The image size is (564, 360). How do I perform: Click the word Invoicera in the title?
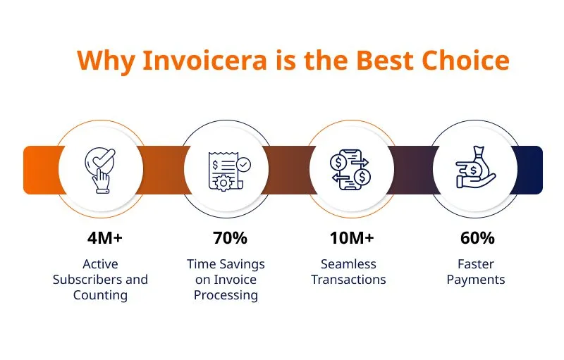click(x=205, y=60)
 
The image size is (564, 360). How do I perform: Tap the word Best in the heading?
click(x=384, y=60)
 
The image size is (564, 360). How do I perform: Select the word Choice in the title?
click(x=466, y=60)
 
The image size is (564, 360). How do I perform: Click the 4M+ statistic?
click(x=104, y=238)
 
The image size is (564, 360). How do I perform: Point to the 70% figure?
click(x=230, y=238)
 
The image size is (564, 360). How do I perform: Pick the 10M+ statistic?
click(x=352, y=238)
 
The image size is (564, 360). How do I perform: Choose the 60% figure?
click(x=477, y=238)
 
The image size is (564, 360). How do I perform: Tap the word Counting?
click(x=100, y=295)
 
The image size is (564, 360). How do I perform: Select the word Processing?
click(x=226, y=295)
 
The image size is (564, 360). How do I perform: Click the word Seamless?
click(x=348, y=264)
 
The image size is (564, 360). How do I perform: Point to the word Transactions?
click(x=348, y=280)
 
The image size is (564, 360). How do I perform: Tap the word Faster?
click(x=476, y=264)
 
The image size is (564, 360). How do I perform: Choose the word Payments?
click(x=476, y=280)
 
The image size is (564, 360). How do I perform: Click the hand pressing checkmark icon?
click(x=100, y=170)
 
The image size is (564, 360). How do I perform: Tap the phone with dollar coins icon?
click(x=350, y=170)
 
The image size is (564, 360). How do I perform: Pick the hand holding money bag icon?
click(x=475, y=168)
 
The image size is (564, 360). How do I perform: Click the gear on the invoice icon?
click(x=223, y=183)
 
